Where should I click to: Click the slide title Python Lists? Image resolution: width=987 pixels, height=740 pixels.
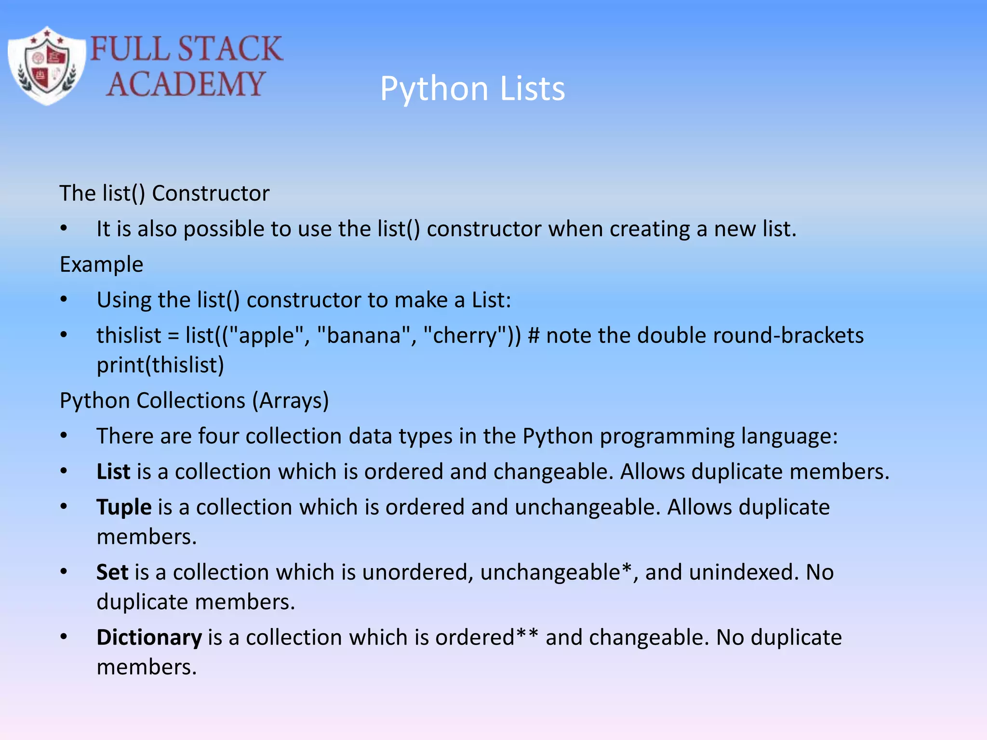click(472, 89)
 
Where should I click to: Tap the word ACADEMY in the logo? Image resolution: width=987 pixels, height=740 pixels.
click(186, 84)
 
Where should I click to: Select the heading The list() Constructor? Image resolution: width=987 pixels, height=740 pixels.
click(164, 193)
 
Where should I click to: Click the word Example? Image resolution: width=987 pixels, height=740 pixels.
click(101, 264)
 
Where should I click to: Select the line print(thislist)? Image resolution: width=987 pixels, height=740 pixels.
click(160, 365)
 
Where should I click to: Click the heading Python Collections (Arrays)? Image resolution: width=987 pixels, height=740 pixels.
click(194, 400)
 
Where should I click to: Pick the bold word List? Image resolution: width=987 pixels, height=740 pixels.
click(113, 472)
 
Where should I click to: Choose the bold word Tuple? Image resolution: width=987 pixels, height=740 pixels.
click(124, 507)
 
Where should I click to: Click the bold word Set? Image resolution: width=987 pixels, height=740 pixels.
click(112, 572)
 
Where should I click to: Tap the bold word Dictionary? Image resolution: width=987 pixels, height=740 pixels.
click(149, 637)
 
